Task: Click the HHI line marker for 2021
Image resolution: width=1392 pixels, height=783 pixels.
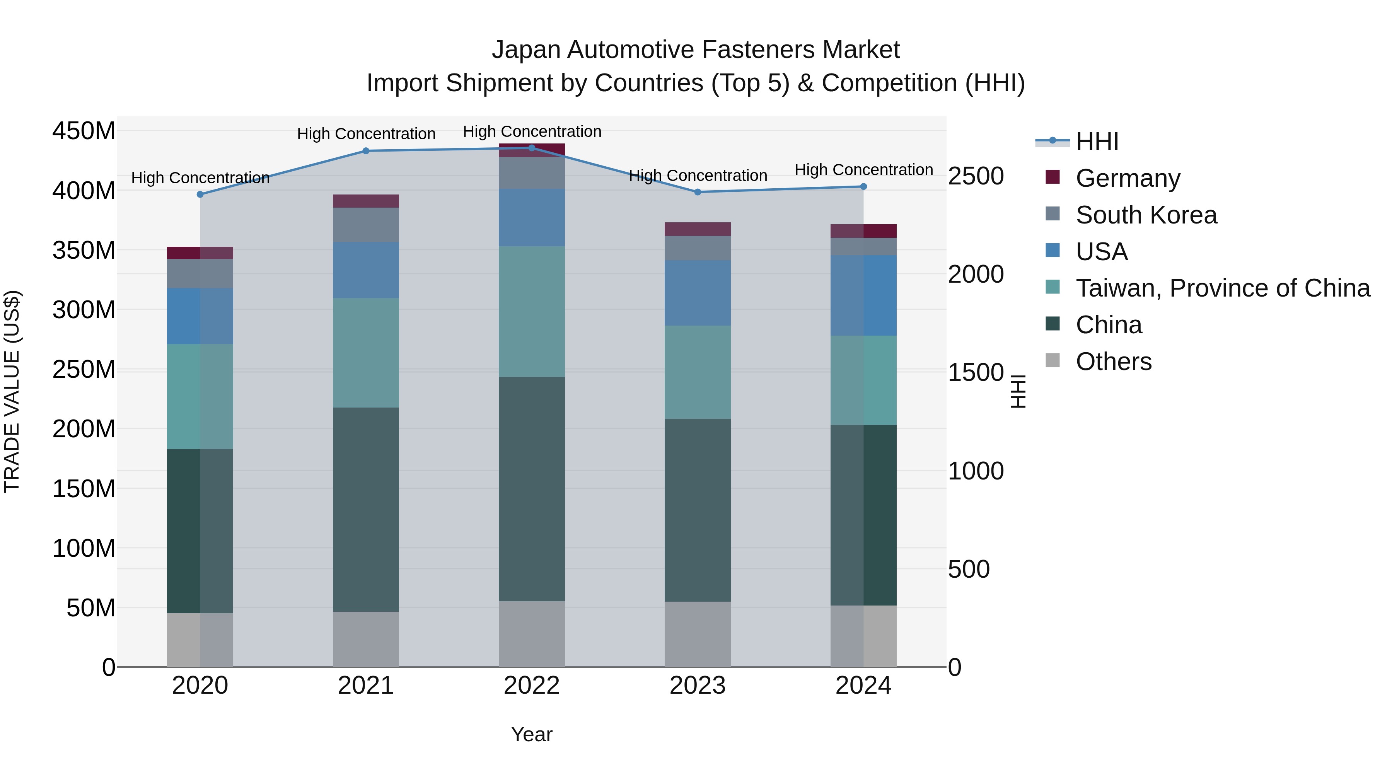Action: [x=366, y=151]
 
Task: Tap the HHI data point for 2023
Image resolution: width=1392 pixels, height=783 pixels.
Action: [x=697, y=192]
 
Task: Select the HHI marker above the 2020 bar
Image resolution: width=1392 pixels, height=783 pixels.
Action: [x=200, y=194]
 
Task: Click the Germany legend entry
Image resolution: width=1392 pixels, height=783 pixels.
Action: [x=1128, y=178]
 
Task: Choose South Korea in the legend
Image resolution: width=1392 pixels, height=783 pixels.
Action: [x=1146, y=215]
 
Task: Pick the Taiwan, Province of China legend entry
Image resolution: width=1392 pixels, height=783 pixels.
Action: [x=1222, y=288]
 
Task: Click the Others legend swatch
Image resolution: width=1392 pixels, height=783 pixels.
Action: [x=1053, y=360]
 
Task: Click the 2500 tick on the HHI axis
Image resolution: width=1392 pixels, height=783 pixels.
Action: [x=976, y=176]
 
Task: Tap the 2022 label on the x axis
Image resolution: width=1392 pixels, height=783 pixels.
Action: [x=532, y=686]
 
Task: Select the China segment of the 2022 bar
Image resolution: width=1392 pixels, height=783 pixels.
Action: [x=532, y=489]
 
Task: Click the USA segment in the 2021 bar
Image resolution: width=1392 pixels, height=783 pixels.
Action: [x=366, y=270]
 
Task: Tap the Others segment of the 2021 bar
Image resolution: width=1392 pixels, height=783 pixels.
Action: [x=366, y=639]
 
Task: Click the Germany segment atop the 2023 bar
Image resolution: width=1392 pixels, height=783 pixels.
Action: [x=697, y=229]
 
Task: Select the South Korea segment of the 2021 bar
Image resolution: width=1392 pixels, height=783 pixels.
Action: [x=366, y=225]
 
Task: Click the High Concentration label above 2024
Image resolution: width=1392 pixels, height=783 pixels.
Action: [x=863, y=170]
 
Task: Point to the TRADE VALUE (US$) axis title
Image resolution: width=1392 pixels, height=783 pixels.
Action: [x=12, y=391]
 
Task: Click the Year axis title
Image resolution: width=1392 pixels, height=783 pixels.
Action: [x=532, y=734]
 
